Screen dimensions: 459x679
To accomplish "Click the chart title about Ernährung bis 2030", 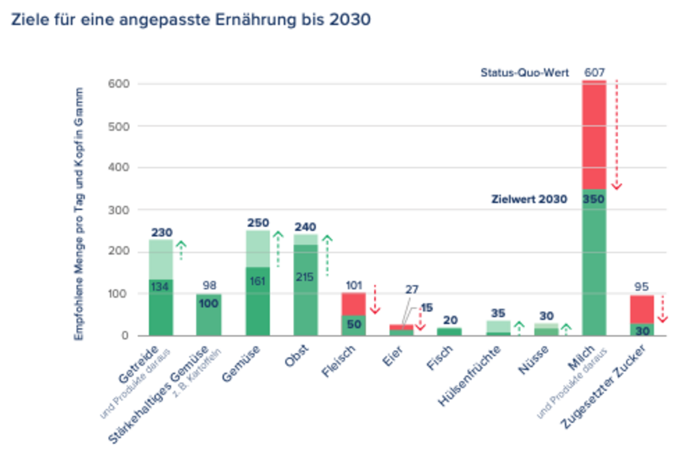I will tap(191, 20).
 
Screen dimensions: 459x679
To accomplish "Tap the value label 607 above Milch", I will tap(594, 73).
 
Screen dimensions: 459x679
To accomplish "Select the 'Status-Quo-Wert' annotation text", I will tap(524, 73).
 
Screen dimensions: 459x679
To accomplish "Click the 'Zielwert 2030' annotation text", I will tap(529, 199).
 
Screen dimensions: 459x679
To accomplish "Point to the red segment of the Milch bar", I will tap(594, 136).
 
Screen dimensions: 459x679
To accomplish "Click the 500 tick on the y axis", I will tap(119, 127).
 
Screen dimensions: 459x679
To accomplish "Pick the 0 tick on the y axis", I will tap(125, 335).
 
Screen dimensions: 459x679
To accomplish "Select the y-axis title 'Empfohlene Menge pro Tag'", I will tap(79, 213).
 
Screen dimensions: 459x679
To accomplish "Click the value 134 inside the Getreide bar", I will tap(160, 287).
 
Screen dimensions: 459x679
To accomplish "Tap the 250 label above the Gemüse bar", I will tap(258, 223).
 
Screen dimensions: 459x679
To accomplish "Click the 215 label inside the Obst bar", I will tap(305, 277).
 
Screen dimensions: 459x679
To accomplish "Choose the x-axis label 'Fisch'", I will tap(440, 358).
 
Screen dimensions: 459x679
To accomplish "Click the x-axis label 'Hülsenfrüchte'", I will tap(469, 376).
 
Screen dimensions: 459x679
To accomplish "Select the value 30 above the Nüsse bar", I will tap(547, 316).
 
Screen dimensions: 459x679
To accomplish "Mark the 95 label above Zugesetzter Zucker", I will tap(641, 287).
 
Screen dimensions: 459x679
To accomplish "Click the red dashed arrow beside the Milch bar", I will tap(616, 136).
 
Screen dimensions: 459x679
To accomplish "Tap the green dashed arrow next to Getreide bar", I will tap(181, 250).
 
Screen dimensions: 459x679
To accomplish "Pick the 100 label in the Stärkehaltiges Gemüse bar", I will tap(209, 303).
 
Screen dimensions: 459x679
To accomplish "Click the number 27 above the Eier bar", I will tap(412, 289).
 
